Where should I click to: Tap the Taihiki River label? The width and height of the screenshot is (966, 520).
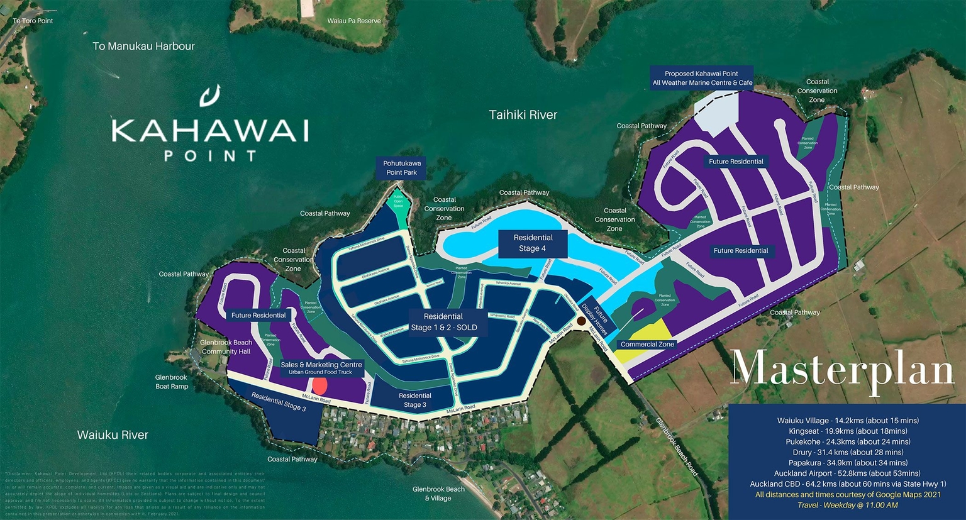point(523,115)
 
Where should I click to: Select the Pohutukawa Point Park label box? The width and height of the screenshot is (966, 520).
point(402,168)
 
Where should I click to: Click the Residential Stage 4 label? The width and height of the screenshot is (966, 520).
point(533,243)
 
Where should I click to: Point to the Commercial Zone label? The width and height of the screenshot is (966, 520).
point(647,345)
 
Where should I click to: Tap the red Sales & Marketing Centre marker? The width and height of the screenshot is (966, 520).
point(319,385)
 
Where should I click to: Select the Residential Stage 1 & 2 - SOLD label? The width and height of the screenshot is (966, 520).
point(443,322)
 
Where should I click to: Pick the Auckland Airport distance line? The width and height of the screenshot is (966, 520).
point(847,473)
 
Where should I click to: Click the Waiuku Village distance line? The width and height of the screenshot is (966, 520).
point(847,421)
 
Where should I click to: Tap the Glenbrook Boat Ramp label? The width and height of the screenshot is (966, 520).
point(171,382)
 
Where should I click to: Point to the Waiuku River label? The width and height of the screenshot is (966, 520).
point(113,435)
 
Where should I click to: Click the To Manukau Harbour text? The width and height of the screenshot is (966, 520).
point(143,47)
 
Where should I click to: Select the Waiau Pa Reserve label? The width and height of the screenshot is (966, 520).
point(354,21)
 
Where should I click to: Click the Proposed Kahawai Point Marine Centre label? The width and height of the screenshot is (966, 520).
point(702,78)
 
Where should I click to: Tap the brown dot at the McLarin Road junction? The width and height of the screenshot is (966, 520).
point(582,321)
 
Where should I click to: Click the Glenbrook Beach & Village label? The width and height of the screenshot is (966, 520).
point(438,494)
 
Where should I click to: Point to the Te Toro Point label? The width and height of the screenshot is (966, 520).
point(33,21)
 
